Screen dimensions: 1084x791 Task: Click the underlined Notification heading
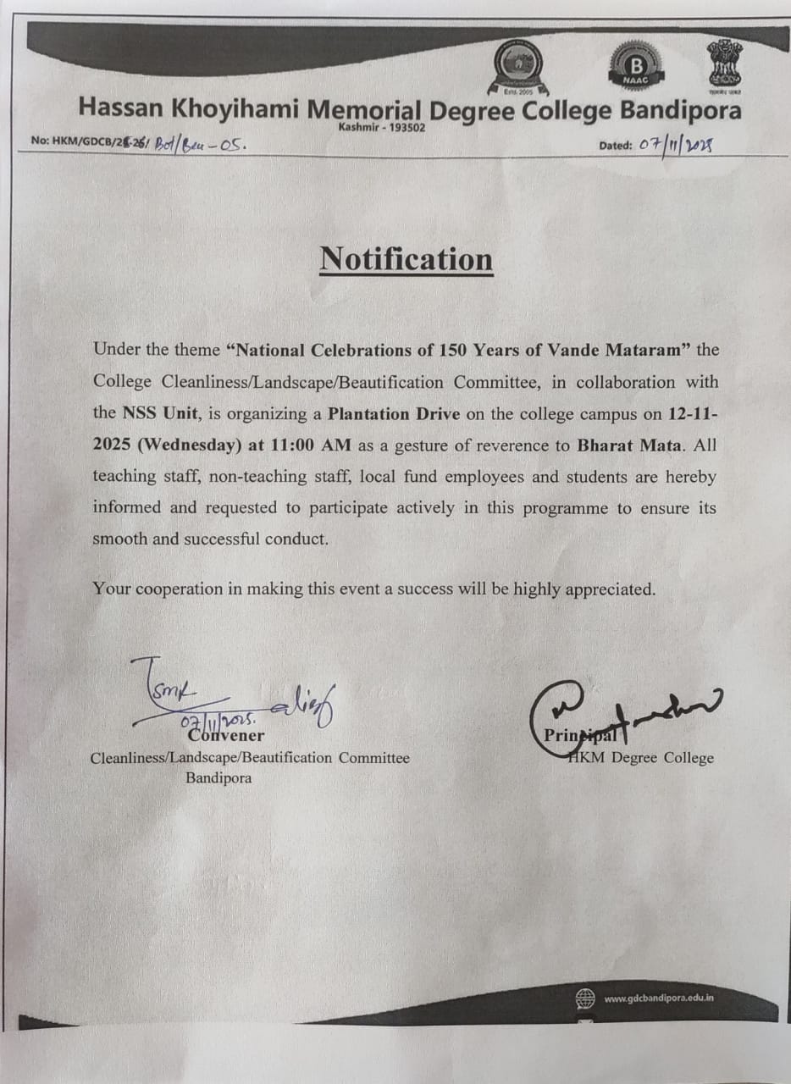click(406, 259)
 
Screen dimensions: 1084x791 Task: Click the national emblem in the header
click(724, 63)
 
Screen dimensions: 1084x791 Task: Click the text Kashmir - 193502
click(381, 127)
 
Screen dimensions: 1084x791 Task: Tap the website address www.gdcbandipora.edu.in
click(659, 998)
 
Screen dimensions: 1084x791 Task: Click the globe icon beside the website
click(585, 998)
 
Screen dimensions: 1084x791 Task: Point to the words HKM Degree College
click(641, 758)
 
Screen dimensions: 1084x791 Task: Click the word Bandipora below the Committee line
click(218, 777)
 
